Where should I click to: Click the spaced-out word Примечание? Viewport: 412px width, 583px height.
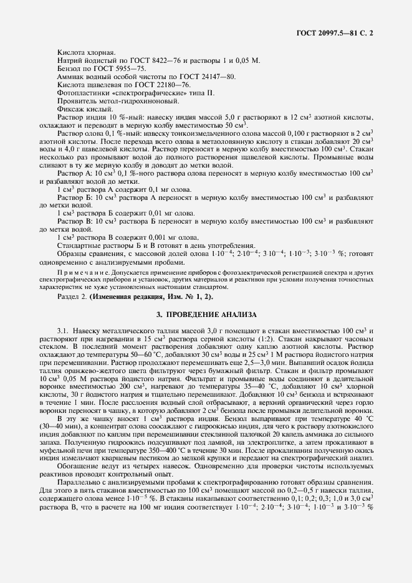82,272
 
